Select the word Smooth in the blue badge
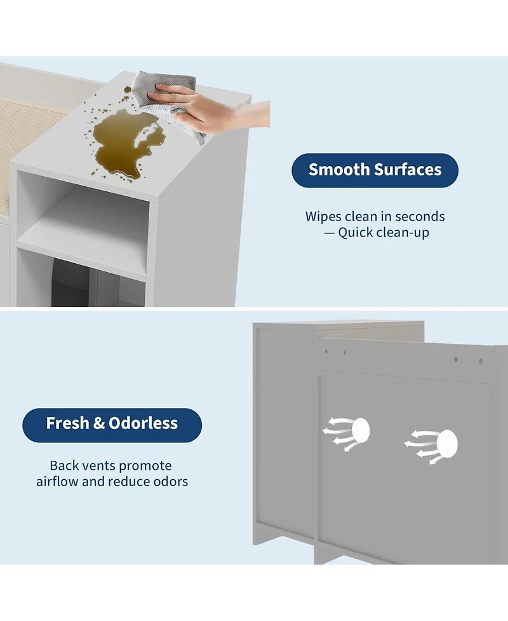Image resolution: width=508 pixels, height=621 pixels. (x=339, y=170)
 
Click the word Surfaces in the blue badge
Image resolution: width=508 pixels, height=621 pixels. (x=408, y=170)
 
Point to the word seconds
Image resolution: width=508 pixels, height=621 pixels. (x=420, y=217)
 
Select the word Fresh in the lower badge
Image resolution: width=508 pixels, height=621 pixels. (x=68, y=423)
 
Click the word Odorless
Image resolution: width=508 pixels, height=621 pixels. (x=144, y=423)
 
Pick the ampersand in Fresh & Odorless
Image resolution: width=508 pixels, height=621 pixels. (x=99, y=423)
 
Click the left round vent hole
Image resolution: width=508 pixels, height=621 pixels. (x=360, y=430)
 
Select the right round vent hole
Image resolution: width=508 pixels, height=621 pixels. (x=447, y=443)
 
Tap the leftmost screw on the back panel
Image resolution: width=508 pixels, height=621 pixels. (x=326, y=351)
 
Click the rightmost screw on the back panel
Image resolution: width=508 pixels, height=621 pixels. (x=481, y=361)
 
